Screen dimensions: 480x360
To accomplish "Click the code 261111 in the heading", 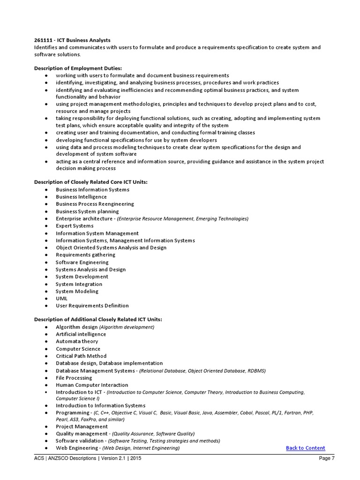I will pyautogui.click(x=44, y=40).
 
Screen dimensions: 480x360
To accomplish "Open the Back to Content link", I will pyautogui.click(x=305, y=448).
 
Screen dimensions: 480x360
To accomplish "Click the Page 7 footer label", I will pyautogui.click(x=327, y=459).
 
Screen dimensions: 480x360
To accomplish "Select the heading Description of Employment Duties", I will pyautogui.click(x=77, y=68).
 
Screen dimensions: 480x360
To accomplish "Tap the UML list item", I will pyautogui.click(x=61, y=298).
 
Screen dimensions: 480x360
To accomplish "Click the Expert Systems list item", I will pyautogui.click(x=75, y=226).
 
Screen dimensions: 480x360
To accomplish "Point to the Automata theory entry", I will pyautogui.click(x=77, y=341).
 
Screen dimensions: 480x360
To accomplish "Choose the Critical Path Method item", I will pyautogui.click(x=81, y=356).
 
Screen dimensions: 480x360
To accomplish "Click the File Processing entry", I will pyautogui.click(x=74, y=378).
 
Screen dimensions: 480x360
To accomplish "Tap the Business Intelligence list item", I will pyautogui.click(x=81, y=197).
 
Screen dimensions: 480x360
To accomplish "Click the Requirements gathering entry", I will pyautogui.click(x=85, y=255).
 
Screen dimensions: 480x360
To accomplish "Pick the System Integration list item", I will pyautogui.click(x=79, y=284).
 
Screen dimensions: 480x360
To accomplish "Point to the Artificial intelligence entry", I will pyautogui.click(x=81, y=334).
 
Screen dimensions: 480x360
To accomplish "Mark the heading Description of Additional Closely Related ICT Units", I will pyautogui.click(x=98, y=320).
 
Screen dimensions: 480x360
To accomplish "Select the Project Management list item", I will pyautogui.click(x=82, y=427).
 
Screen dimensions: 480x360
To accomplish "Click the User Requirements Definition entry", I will pyautogui.click(x=92, y=306).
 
